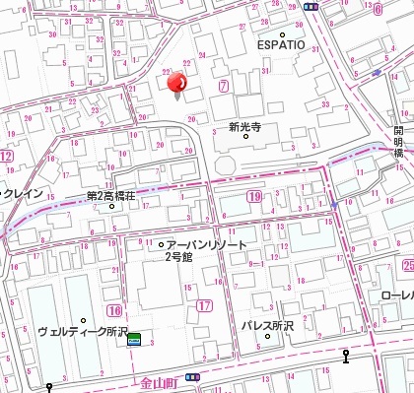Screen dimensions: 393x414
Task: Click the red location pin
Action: click(x=178, y=86)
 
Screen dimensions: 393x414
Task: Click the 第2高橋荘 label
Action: click(x=113, y=195)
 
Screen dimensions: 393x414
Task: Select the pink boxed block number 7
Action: click(x=224, y=87)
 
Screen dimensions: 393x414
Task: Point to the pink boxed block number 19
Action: click(x=254, y=198)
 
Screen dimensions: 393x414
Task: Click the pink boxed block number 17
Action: click(x=204, y=307)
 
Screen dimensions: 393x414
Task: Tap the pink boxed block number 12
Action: click(x=6, y=157)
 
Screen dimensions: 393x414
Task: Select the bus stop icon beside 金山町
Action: click(x=193, y=377)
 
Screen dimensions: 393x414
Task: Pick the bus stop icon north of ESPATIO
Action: click(x=310, y=5)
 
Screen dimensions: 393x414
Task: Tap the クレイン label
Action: click(x=22, y=194)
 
